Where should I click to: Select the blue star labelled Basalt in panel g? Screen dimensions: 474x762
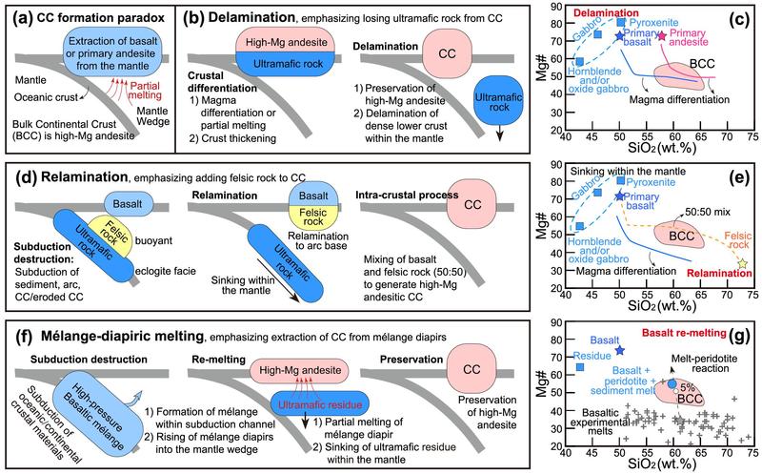click(619, 351)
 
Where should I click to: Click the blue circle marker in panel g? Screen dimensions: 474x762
click(672, 383)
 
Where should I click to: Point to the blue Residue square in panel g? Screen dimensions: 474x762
click(580, 367)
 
